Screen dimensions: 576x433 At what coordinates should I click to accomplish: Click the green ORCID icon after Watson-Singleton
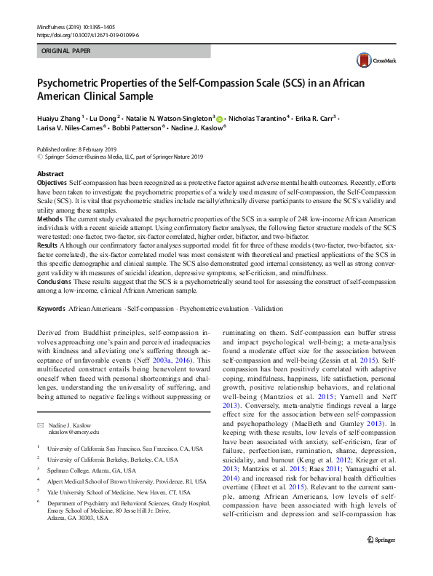221,117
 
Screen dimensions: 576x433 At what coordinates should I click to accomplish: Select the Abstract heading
50,174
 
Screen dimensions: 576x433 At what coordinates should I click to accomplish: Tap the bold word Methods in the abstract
49,218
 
